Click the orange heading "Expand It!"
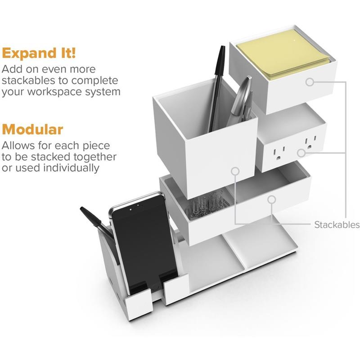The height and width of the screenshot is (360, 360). tap(39, 53)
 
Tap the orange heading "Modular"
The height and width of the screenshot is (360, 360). tap(32, 129)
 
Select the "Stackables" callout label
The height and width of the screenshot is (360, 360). tap(337, 225)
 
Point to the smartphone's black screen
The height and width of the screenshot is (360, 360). tap(144, 243)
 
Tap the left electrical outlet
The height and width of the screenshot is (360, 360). tap(279, 153)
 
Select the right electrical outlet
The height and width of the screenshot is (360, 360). tap(310, 143)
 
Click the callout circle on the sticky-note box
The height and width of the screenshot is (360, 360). tap(310, 82)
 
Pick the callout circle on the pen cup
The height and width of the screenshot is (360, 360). tap(235, 171)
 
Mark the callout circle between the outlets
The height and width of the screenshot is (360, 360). tap(301, 153)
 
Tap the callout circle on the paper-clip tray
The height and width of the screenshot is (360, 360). tap(272, 199)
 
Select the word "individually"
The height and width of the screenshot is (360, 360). tap(72, 168)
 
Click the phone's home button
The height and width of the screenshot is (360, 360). tap(155, 287)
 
